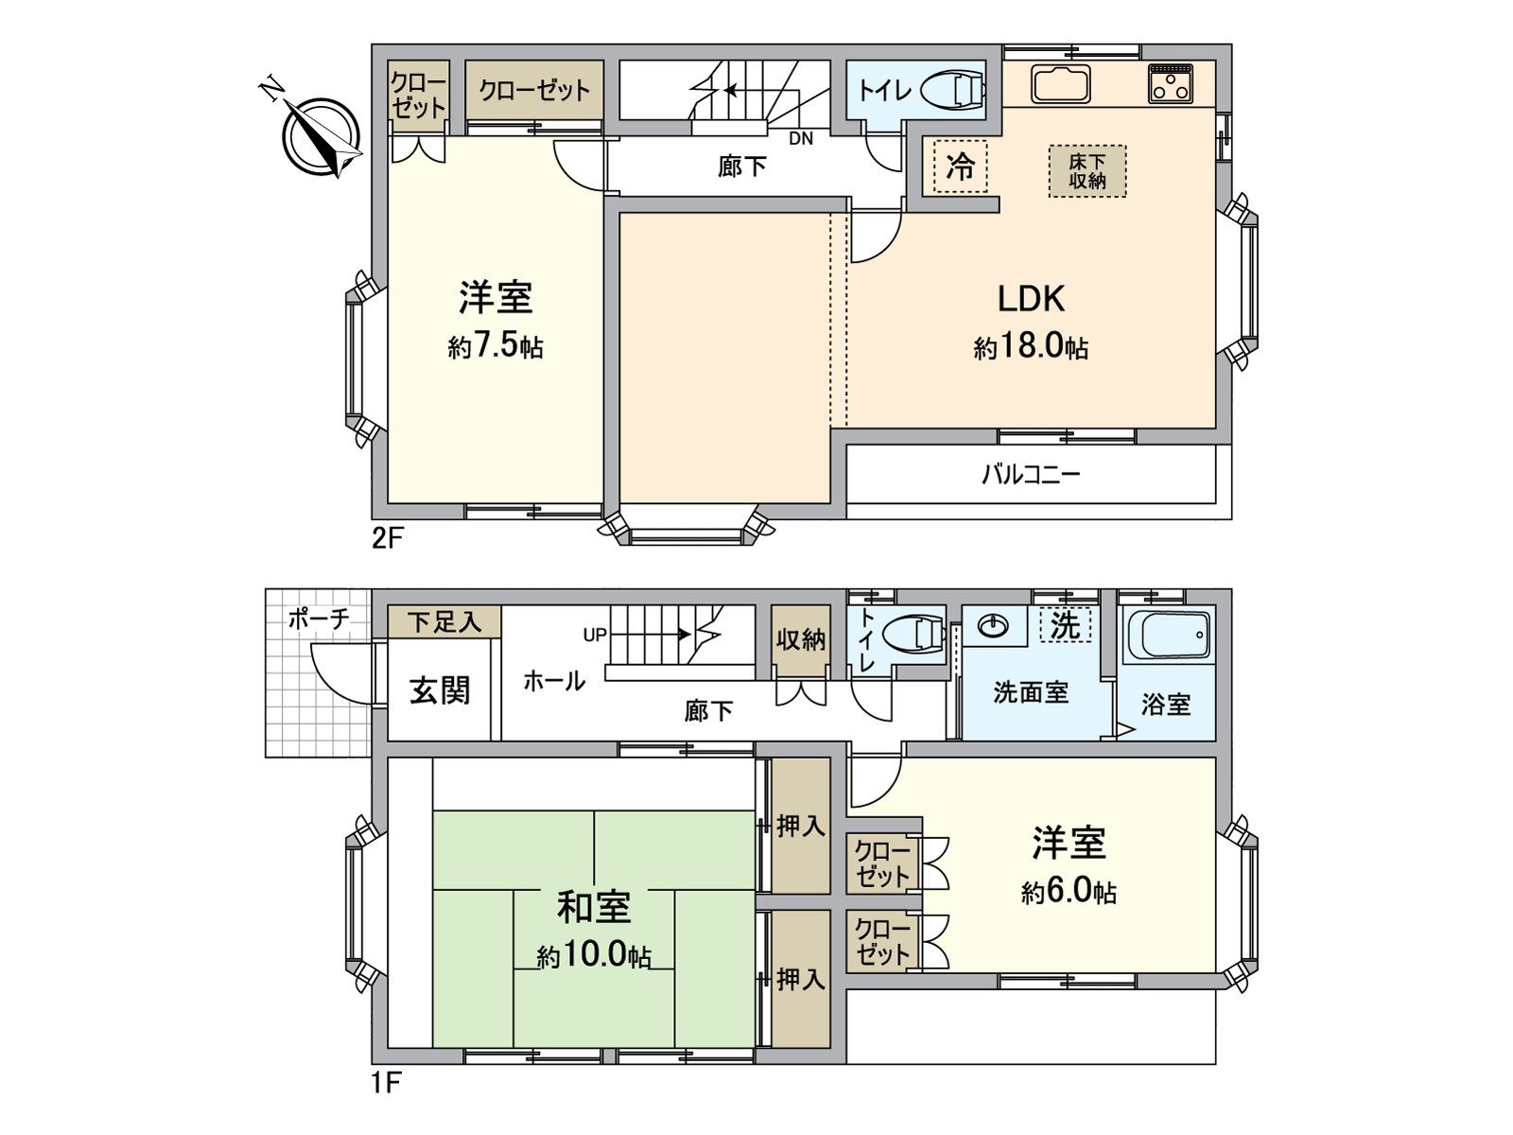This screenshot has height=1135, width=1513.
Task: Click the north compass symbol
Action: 322,137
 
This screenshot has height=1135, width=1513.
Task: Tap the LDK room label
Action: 1031,299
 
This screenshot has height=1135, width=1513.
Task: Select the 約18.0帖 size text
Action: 1031,346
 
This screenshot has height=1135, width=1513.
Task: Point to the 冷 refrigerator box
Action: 960,167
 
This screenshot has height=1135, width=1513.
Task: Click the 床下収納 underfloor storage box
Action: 1087,171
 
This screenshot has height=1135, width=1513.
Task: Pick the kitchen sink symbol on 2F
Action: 1061,84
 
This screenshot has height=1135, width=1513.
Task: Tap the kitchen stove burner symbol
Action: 1170,83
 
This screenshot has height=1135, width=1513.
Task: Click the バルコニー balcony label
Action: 1031,474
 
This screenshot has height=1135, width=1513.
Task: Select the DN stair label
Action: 801,139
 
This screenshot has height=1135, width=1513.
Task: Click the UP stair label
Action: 595,635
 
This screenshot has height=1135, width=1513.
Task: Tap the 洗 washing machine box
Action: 1066,625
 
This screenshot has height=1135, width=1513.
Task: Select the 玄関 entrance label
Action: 440,690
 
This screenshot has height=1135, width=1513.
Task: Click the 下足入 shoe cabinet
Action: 444,622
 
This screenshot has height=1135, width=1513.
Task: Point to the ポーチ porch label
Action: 318,620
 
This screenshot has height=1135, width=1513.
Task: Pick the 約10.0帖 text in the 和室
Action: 594,955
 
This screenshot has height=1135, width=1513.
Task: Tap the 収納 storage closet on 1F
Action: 800,639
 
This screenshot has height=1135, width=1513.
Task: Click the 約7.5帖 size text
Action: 496,346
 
